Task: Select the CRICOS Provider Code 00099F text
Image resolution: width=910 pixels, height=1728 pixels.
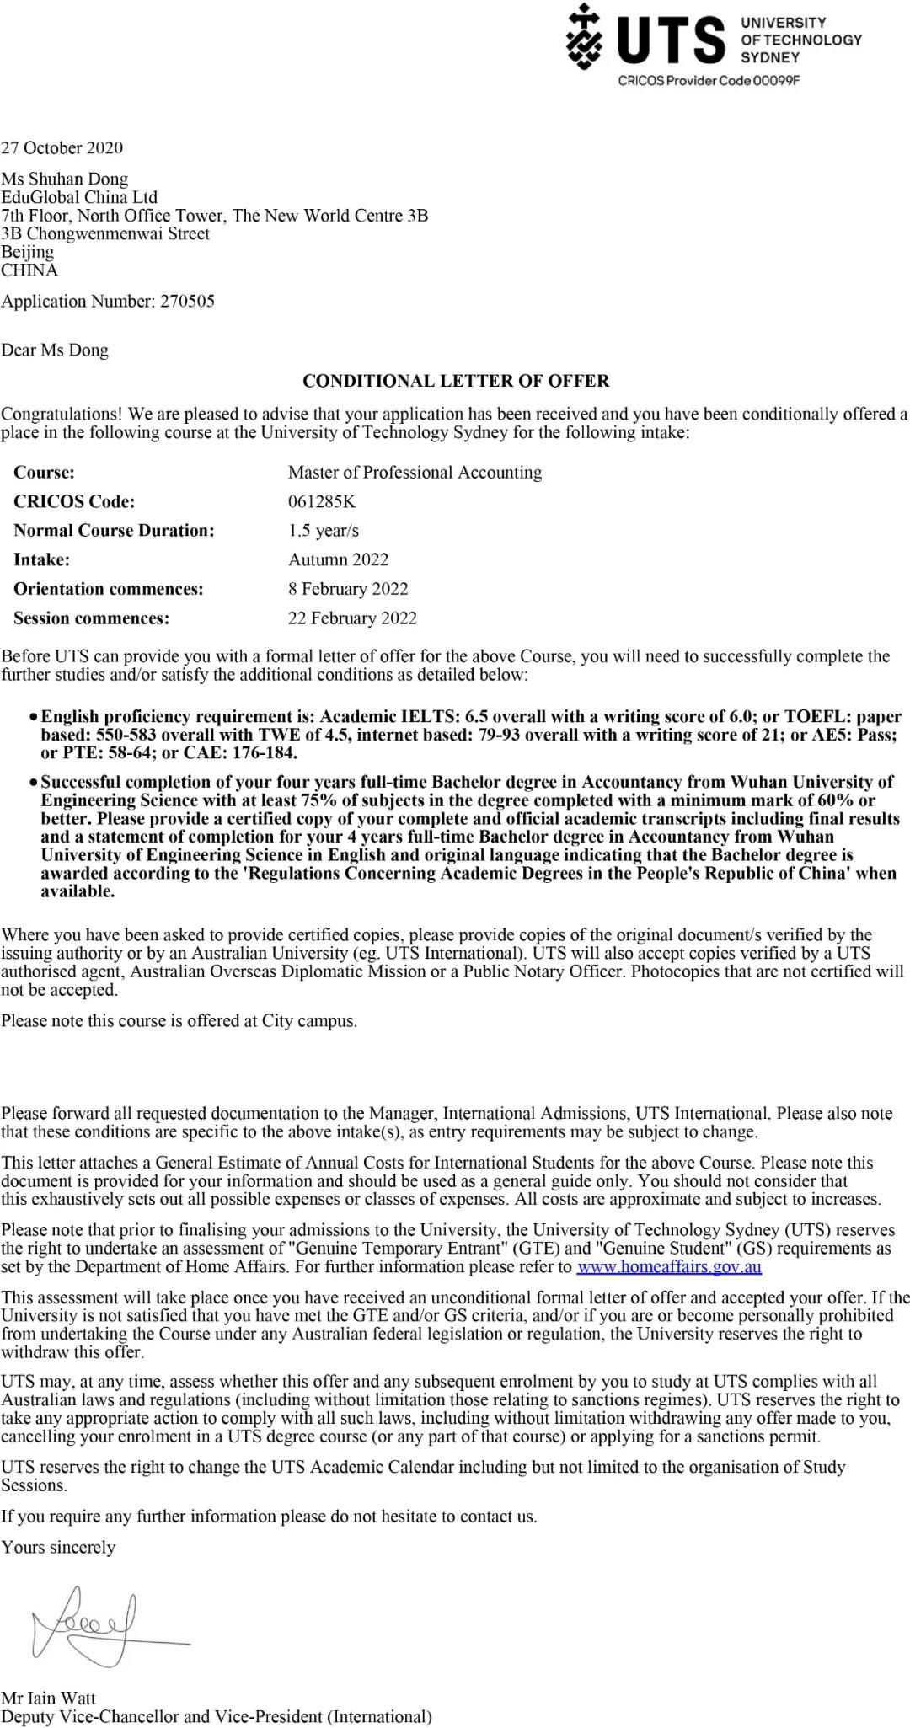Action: point(709,80)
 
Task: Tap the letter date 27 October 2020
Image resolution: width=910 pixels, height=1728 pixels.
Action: point(62,148)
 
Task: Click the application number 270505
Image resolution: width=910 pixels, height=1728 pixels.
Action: point(187,302)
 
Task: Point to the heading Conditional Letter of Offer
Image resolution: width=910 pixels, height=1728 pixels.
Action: point(455,381)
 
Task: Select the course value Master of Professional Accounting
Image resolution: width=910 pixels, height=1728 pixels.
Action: point(415,473)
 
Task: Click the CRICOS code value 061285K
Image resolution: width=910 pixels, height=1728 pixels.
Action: point(322,502)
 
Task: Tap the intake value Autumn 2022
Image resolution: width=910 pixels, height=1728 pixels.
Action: point(338,560)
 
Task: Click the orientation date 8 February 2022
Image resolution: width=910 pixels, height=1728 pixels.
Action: point(348,589)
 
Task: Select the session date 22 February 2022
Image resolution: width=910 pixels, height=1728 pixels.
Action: point(352,618)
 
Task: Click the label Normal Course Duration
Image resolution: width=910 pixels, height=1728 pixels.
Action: point(114,531)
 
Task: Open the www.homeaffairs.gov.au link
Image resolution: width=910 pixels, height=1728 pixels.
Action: point(669,1267)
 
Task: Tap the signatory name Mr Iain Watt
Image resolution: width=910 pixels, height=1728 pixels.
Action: point(49,1699)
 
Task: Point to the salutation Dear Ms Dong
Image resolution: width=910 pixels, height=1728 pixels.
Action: point(55,350)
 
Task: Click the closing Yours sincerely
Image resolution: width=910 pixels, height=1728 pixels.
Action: point(58,1547)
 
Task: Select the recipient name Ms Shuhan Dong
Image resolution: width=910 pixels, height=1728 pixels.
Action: point(65,179)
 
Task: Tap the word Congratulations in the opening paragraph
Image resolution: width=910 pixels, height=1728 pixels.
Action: point(62,415)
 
